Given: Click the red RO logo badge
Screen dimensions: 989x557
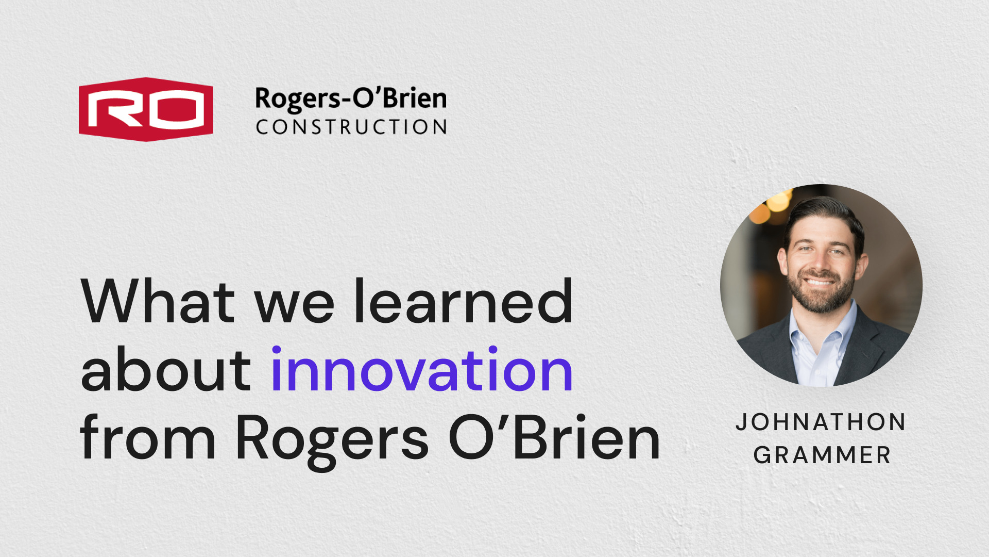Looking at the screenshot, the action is (146, 109).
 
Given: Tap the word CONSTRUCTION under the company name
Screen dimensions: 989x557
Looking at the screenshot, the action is (352, 127).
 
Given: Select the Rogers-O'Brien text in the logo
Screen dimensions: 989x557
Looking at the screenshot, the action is (351, 99).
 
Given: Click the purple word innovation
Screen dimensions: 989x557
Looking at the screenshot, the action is (422, 369).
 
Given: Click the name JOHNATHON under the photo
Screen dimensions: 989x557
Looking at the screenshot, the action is (821, 422).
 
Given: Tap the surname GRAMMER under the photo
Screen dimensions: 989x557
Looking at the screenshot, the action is (822, 455).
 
